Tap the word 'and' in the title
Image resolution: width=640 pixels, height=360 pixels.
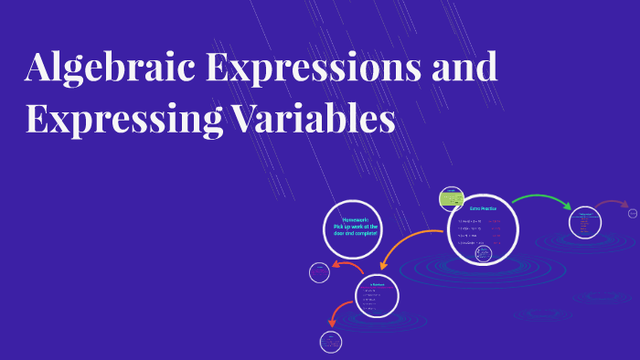coord(464,69)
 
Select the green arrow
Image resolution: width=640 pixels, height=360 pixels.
coord(541,200)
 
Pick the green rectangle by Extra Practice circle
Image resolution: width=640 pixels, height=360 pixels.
coord(451,196)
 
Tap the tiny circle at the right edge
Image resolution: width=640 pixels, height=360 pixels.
coord(633,213)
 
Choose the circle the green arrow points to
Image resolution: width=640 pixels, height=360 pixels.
coord(584,222)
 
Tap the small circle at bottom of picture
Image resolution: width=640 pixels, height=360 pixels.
coord(330,342)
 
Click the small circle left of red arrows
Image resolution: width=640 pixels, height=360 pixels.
coord(319,271)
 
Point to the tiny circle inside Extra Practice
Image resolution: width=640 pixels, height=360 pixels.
coord(484,253)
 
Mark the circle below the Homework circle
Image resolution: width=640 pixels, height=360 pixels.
coord(376,295)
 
